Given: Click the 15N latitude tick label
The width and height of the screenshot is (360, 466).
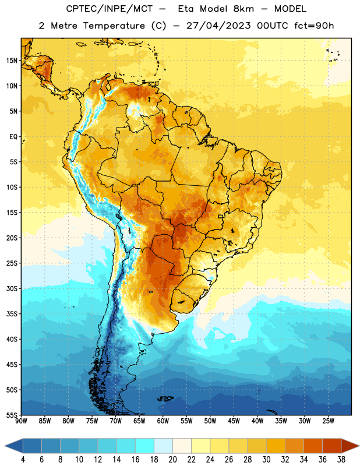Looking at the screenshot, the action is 12,61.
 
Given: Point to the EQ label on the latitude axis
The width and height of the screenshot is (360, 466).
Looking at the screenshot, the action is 13,137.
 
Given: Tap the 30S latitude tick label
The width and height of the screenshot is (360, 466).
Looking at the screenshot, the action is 12,288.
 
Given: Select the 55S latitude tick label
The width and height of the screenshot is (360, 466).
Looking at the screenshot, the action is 12,415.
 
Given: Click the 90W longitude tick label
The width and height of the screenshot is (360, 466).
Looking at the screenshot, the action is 21,421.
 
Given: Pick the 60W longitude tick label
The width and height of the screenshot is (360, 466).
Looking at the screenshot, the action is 163,421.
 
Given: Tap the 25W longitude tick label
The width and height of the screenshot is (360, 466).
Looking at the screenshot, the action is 328,421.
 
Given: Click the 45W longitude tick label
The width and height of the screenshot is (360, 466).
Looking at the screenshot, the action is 234,421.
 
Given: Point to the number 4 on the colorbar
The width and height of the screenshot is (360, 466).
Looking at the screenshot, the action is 23,460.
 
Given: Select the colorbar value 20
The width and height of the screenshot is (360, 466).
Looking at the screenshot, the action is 172,460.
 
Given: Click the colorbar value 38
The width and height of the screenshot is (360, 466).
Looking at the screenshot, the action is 341,460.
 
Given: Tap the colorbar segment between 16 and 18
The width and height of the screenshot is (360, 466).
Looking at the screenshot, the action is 144,446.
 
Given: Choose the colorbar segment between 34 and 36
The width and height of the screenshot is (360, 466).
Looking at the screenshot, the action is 313,446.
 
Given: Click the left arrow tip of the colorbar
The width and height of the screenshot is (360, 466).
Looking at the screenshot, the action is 5,446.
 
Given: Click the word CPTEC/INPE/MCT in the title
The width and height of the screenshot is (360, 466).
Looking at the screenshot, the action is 109,9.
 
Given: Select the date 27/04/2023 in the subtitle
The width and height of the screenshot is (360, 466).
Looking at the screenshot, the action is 218,26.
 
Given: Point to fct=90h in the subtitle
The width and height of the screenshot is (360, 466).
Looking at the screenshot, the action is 314,26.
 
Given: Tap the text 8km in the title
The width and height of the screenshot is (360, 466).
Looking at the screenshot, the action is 243,9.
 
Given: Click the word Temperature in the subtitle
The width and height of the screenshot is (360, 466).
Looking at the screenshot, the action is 114,26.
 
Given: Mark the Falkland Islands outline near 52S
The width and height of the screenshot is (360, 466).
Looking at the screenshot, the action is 165,398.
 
